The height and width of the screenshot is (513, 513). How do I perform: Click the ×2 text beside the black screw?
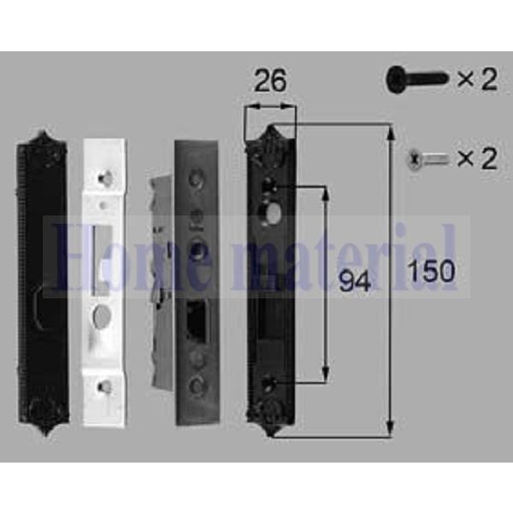click(x=476, y=80)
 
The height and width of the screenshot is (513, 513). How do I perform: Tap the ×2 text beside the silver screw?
click(x=476, y=159)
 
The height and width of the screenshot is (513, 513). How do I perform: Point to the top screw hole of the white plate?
click(x=105, y=177)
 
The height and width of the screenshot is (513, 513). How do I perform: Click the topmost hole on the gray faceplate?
click(x=198, y=177)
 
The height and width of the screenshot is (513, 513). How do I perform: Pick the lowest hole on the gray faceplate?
click(x=198, y=386)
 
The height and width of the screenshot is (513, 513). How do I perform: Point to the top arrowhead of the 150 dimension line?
click(x=391, y=129)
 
